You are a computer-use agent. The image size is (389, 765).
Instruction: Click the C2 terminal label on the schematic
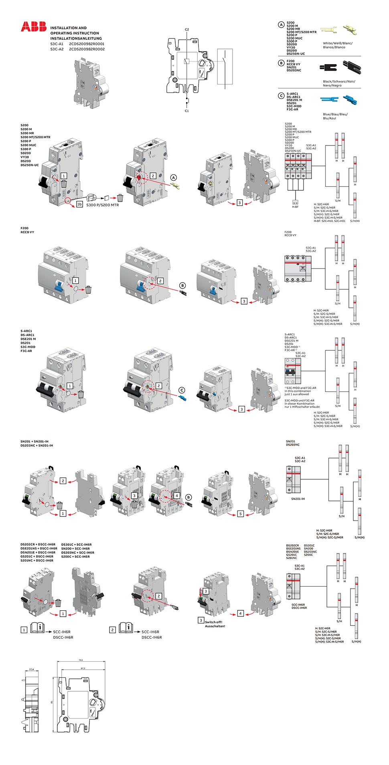[187, 30]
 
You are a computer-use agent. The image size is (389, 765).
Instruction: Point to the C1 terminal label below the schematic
[187, 111]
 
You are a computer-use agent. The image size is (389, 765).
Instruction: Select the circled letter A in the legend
[282, 25]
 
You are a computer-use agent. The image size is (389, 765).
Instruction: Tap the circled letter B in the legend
[282, 63]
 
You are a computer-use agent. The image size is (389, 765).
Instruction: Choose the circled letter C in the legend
[282, 96]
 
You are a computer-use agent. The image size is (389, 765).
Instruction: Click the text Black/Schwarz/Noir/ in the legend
[339, 81]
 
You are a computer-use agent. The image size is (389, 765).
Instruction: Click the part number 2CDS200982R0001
[87, 44]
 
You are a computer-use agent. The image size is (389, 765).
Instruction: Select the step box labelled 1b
[79, 204]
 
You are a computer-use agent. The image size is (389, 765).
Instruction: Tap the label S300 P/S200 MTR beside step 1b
[102, 205]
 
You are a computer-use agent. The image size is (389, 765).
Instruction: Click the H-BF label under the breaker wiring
[295, 207]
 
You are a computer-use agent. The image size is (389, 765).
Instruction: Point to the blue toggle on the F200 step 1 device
[59, 286]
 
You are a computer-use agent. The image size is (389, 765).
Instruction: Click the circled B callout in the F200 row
[182, 286]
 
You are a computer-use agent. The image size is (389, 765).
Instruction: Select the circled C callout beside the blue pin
[182, 390]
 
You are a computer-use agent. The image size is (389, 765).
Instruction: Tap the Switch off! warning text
[213, 622]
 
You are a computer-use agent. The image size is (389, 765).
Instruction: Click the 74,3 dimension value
[81, 660]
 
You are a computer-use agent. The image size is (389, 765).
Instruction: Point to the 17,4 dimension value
[32, 669]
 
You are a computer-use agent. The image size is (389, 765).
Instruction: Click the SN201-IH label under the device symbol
[298, 499]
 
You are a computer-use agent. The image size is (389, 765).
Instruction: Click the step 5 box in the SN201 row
[241, 514]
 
